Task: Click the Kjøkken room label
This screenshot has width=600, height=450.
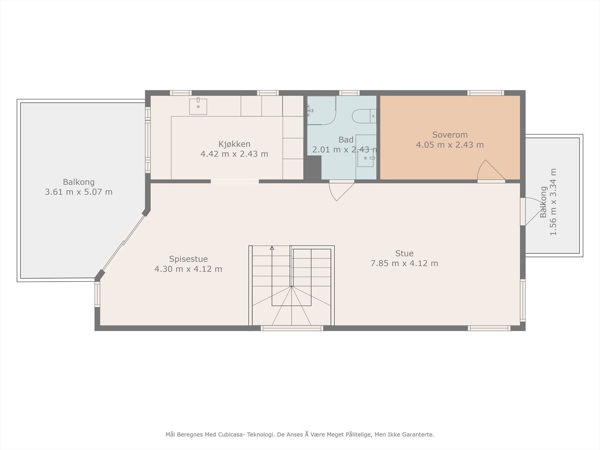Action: click(x=234, y=144)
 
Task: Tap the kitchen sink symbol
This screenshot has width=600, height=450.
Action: click(x=198, y=106)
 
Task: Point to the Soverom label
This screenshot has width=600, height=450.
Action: click(x=450, y=135)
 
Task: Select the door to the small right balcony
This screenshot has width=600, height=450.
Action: click(x=533, y=211)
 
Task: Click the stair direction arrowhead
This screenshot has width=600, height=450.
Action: click(x=272, y=248)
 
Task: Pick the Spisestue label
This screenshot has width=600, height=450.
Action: click(x=188, y=259)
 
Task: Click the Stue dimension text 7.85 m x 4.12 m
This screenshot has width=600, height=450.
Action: click(x=404, y=263)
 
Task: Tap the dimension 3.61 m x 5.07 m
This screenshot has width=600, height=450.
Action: click(x=79, y=192)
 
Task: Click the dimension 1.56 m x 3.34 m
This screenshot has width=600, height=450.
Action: click(x=553, y=202)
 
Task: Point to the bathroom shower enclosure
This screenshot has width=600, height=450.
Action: click(x=321, y=110)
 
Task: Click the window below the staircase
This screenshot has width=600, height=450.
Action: click(x=292, y=328)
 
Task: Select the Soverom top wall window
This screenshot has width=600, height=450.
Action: click(x=486, y=93)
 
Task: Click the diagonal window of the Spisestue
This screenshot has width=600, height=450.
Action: click(x=123, y=243)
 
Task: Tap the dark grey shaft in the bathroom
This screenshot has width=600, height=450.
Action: click(x=314, y=168)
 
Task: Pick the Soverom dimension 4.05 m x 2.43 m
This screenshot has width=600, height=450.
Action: click(x=450, y=145)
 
